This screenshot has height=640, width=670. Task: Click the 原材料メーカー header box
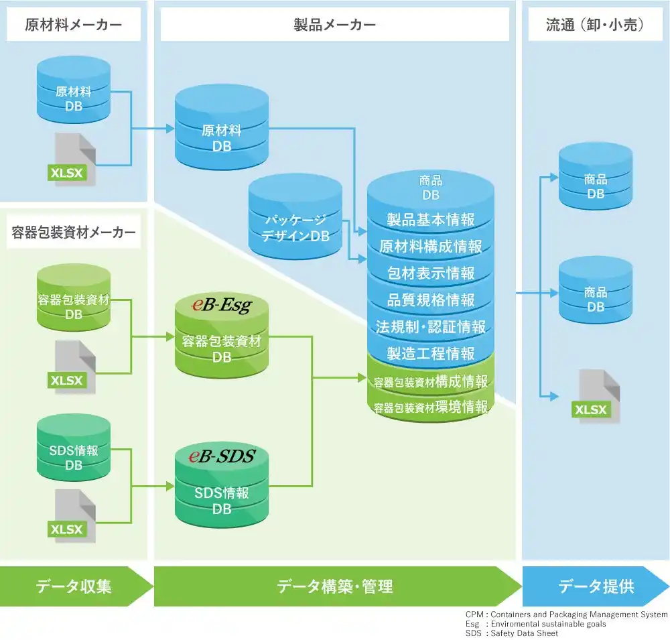pyautogui.click(x=73, y=25)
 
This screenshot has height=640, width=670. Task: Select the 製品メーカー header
pyautogui.click(x=334, y=25)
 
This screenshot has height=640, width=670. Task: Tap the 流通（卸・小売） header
pyautogui.click(x=595, y=25)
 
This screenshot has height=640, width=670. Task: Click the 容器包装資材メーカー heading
pyautogui.click(x=73, y=232)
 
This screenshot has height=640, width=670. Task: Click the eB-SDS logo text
pyautogui.click(x=221, y=457)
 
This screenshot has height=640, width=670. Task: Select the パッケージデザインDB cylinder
pyautogui.click(x=295, y=228)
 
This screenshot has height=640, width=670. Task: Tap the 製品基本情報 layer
pyautogui.click(x=430, y=219)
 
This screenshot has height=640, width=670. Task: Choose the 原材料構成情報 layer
pyautogui.click(x=430, y=246)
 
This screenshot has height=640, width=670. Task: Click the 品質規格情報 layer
pyautogui.click(x=430, y=300)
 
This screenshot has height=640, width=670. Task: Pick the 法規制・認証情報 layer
pyautogui.click(x=430, y=326)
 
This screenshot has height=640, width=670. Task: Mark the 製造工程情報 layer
pyautogui.click(x=430, y=353)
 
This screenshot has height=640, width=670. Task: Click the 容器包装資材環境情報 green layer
pyautogui.click(x=430, y=407)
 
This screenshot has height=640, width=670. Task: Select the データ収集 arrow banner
pyautogui.click(x=74, y=586)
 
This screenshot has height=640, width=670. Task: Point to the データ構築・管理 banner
pyautogui.click(x=334, y=586)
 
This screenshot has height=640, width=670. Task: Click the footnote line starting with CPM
pyautogui.click(x=566, y=615)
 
